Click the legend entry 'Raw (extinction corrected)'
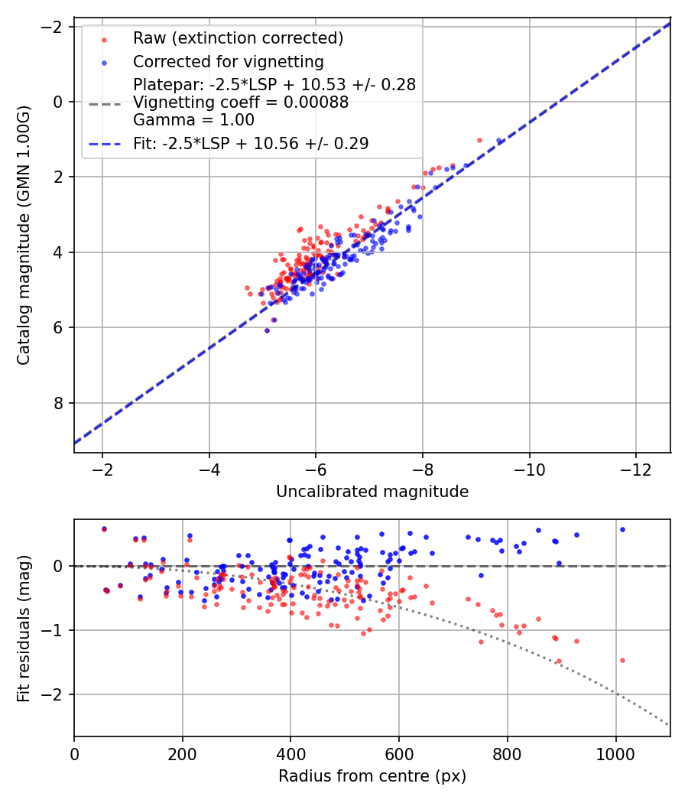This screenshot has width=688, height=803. point(238,38)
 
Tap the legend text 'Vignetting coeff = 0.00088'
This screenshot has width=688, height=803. point(241,102)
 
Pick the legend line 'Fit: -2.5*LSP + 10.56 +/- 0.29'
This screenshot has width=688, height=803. point(251,143)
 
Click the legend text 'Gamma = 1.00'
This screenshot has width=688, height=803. point(193,120)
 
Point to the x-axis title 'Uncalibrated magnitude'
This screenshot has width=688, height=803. point(372,492)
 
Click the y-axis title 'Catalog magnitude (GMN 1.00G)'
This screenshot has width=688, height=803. point(24,236)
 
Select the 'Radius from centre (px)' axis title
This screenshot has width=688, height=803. point(372,776)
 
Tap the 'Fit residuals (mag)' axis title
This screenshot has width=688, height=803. point(24,628)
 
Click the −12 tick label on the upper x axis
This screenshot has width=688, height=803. point(635,469)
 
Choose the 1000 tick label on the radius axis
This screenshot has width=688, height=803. point(616,753)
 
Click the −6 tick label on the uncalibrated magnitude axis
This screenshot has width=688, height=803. point(316,469)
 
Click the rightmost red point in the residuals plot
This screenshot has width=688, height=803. point(622,660)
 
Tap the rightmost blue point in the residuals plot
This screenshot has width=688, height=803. point(622,529)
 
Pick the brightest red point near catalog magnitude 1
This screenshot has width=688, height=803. point(479,140)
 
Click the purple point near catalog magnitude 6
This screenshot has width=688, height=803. point(267,330)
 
